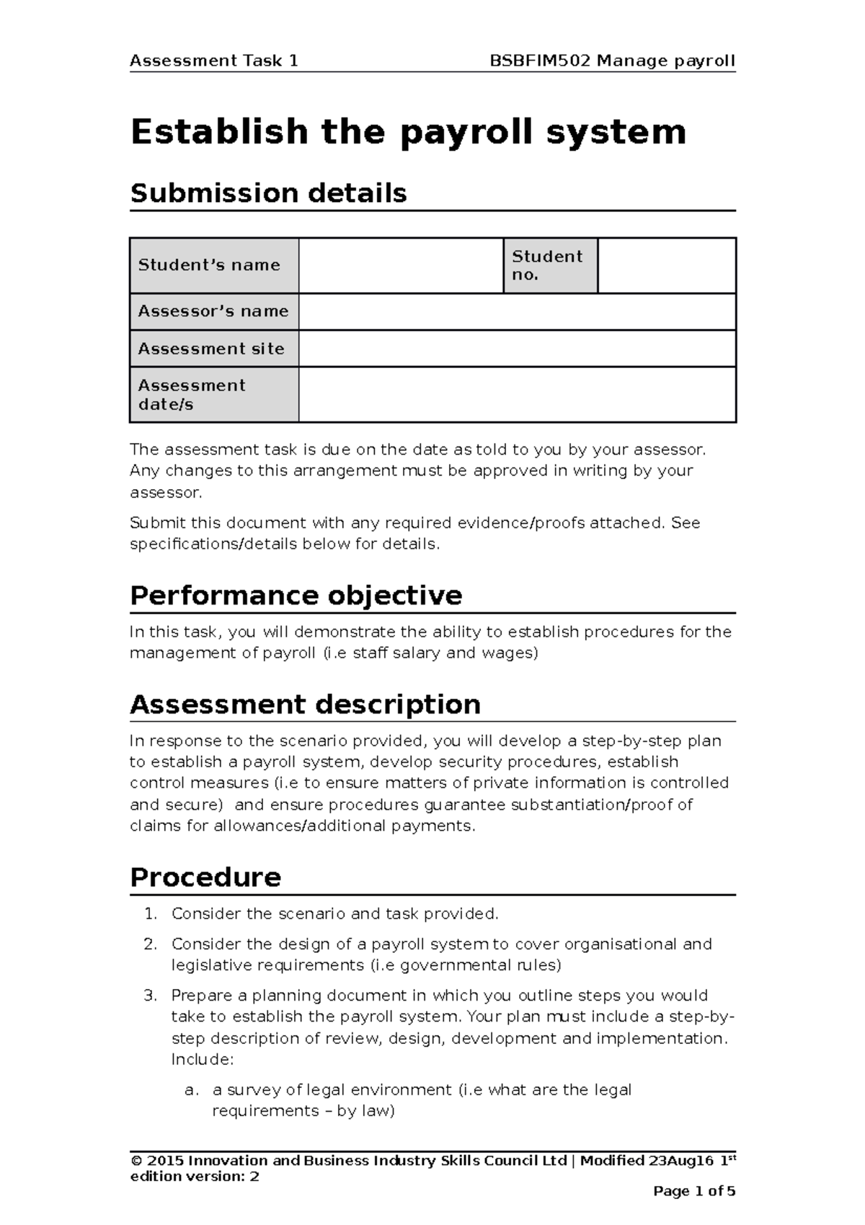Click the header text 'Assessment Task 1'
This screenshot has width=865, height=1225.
213,61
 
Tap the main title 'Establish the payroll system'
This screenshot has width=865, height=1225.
408,132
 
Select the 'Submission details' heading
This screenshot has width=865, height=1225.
268,193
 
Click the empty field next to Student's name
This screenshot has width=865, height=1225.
401,265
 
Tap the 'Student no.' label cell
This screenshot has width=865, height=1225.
549,265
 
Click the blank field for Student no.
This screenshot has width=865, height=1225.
667,265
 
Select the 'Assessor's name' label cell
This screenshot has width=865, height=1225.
214,312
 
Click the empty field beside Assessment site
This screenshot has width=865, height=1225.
517,348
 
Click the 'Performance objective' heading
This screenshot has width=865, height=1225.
296,596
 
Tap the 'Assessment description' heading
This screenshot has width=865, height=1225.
305,705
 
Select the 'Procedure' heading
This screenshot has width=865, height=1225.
205,877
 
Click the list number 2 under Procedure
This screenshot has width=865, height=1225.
149,944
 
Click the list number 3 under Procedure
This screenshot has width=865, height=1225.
149,996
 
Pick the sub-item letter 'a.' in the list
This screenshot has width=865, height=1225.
191,1090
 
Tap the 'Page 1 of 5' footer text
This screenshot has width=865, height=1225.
693,1192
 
